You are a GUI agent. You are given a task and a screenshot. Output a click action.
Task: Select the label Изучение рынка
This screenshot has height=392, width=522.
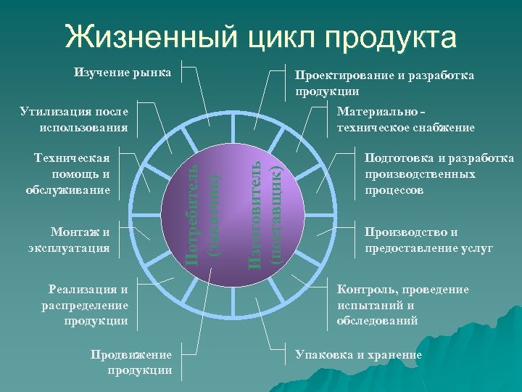pos(123,73)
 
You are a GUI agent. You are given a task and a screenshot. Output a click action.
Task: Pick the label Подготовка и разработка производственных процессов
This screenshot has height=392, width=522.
pos(439,174)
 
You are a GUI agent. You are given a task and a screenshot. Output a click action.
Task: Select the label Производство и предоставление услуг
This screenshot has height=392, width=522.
pos(428,240)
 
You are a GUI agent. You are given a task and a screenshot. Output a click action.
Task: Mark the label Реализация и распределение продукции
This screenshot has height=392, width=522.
pos(85,304)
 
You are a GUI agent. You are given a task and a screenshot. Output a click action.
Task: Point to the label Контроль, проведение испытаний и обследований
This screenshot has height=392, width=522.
pos(402,304)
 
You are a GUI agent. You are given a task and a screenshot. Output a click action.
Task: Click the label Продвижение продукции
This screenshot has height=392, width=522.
pos(131,362)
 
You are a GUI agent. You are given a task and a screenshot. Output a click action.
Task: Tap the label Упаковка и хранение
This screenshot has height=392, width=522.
pos(358,355)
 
